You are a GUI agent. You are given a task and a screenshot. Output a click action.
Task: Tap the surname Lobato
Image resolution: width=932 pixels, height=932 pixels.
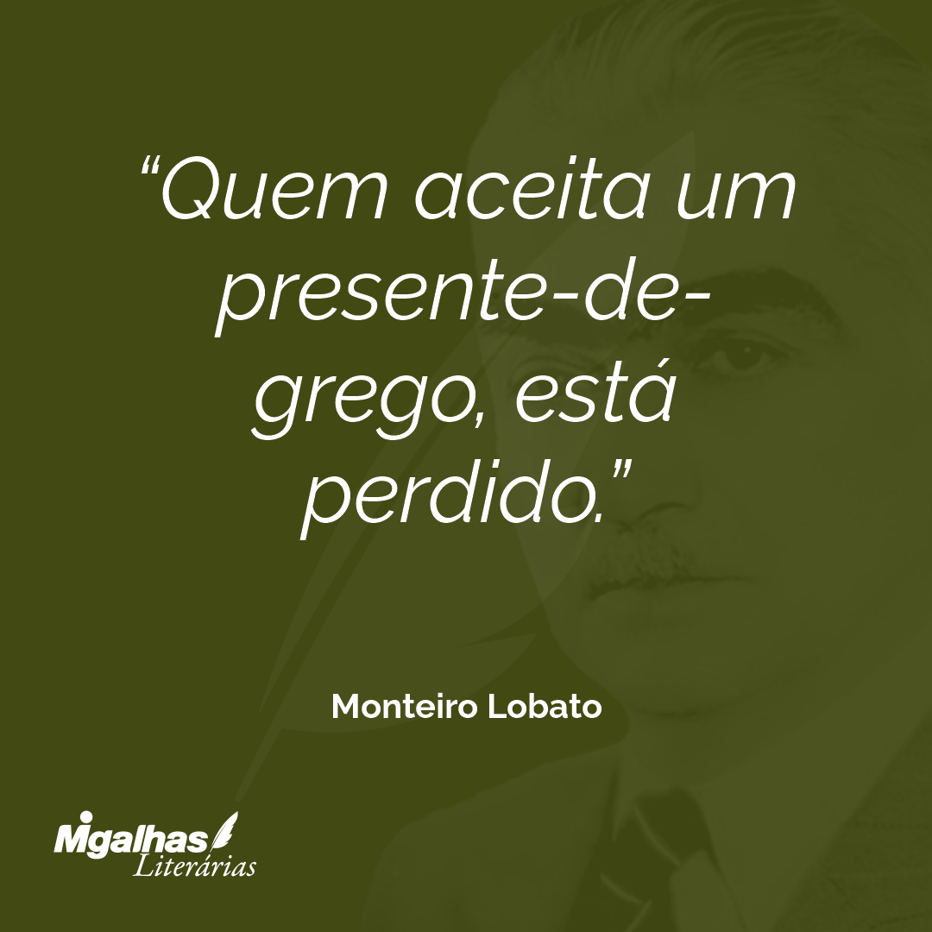tap(545, 706)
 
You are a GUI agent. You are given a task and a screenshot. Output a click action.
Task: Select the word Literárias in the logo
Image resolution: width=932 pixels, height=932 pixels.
tap(194, 866)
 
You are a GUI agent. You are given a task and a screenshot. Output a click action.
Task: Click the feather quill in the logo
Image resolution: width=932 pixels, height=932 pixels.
tap(225, 830)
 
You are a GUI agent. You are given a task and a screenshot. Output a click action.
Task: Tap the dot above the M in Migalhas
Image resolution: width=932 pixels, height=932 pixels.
tap(84, 817)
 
